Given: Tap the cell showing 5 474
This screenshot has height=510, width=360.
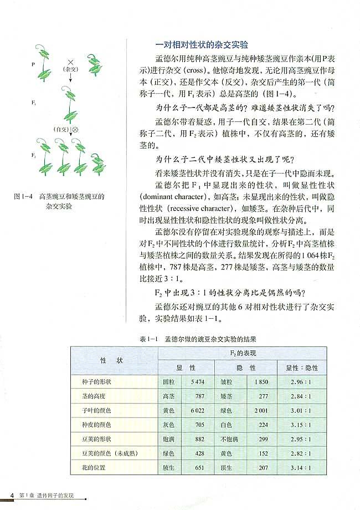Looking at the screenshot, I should (x=197, y=382).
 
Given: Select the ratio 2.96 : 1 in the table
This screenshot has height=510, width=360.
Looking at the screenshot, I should (x=301, y=382).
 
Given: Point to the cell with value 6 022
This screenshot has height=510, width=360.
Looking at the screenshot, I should (x=197, y=411).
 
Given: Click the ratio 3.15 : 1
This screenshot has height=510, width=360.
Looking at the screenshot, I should (x=301, y=425).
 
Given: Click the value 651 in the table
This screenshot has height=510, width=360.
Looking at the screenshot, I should (x=199, y=467).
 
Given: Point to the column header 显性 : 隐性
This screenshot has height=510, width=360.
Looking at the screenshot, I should (x=302, y=368).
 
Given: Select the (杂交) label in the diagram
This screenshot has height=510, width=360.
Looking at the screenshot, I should (x=70, y=70).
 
